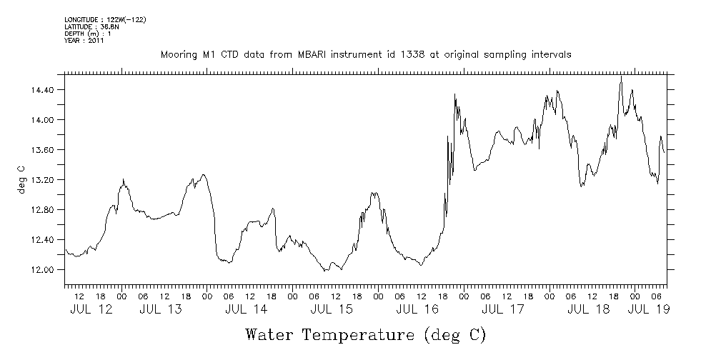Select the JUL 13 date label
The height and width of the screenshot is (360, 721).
click(160, 310)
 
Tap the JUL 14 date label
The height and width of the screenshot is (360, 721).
click(246, 310)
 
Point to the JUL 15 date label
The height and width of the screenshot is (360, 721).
click(332, 310)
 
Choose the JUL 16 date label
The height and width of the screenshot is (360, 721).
click(417, 310)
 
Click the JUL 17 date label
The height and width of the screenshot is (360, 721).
click(503, 310)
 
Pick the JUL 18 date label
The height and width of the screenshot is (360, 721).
click(589, 310)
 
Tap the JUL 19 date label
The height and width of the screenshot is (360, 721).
click(649, 310)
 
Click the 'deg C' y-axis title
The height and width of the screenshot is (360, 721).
click(21, 179)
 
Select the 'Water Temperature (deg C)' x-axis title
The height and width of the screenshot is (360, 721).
click(365, 334)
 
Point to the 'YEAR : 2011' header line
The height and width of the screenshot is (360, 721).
click(85, 41)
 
